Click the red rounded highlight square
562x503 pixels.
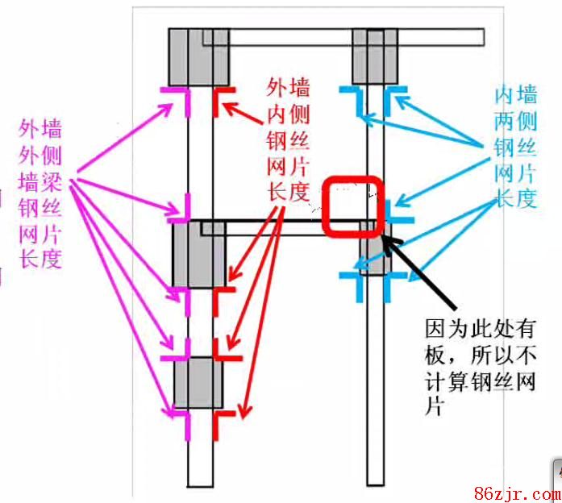click(352, 206)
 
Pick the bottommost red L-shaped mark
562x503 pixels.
click(222, 423)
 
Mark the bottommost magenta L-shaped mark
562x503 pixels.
click(181, 423)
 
